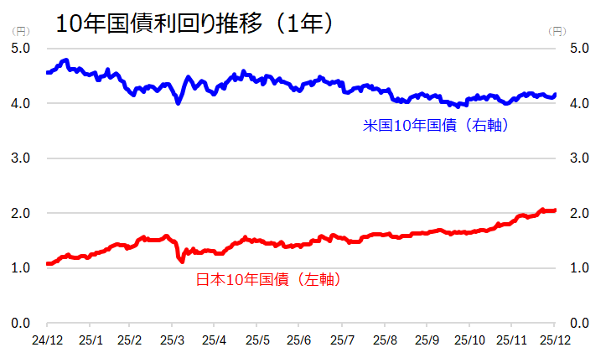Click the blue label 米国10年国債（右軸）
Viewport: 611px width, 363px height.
tap(437, 126)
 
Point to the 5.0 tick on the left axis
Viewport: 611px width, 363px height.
tap(20, 48)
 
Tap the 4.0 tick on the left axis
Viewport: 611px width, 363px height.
tap(20, 103)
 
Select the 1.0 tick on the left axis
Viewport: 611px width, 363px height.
tap(20, 267)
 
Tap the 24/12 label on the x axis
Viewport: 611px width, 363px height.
tap(47, 340)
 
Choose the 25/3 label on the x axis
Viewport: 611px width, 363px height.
tap(172, 340)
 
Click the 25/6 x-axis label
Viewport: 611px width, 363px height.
tap(299, 340)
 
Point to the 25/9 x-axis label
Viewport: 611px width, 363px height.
tap(427, 340)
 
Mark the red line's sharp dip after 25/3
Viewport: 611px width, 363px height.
tap(182, 262)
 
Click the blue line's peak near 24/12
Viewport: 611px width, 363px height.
tap(65, 60)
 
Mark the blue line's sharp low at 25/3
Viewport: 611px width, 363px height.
tap(178, 102)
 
